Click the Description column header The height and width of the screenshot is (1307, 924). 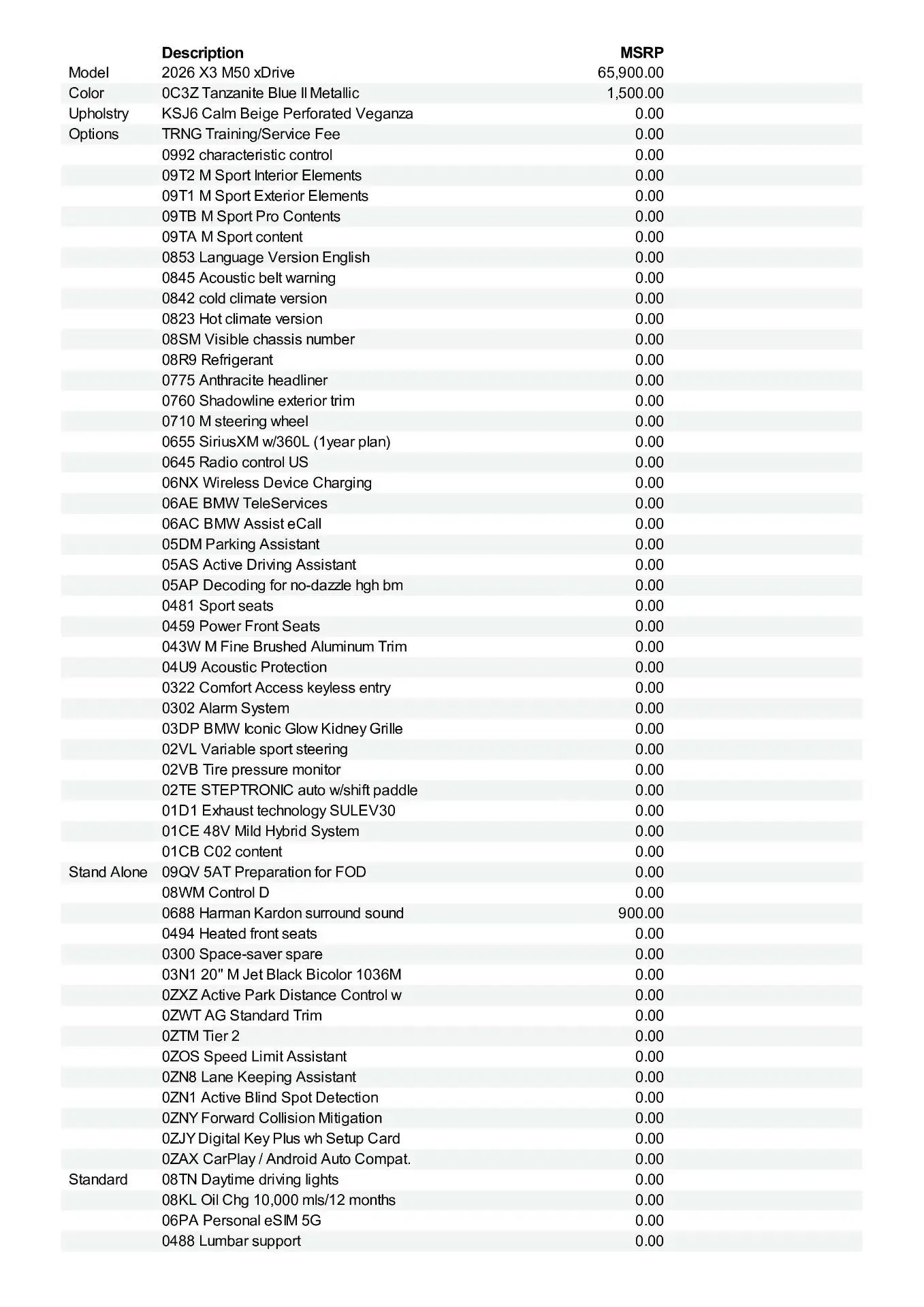[x=202, y=53]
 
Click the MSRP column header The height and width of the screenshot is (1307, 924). [x=641, y=53]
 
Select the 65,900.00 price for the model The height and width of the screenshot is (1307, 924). [x=631, y=73]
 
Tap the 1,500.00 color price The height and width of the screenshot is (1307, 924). [x=635, y=93]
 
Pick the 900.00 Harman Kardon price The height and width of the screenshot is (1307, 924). [x=641, y=913]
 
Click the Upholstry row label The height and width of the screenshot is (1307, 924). [x=99, y=114]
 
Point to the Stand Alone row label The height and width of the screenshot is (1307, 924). [x=108, y=872]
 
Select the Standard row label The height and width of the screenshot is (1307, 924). [x=98, y=1179]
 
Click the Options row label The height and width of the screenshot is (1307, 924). [x=93, y=134]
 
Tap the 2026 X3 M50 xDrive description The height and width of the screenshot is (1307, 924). [x=228, y=73]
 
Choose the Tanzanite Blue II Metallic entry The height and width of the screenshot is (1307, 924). [x=260, y=93]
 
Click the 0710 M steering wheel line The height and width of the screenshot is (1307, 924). [x=235, y=421]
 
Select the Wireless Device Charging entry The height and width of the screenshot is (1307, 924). [x=267, y=483]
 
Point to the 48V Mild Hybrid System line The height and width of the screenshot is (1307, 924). [x=260, y=831]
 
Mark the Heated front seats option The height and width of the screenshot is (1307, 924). [x=239, y=933]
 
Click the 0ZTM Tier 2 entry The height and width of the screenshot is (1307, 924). [x=201, y=1035]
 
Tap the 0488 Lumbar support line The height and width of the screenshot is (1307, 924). [x=231, y=1240]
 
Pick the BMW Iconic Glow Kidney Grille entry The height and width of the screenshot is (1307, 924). [x=282, y=728]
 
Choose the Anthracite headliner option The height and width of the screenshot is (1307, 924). [x=244, y=381]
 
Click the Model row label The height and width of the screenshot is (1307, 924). [x=89, y=73]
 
